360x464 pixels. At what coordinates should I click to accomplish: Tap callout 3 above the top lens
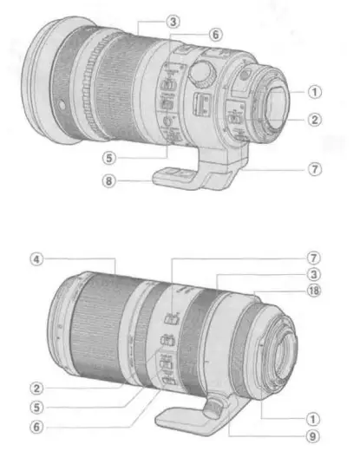point(173,20)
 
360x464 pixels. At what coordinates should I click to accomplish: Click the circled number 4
point(34,258)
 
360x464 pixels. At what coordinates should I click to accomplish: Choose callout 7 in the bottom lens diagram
point(314,258)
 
